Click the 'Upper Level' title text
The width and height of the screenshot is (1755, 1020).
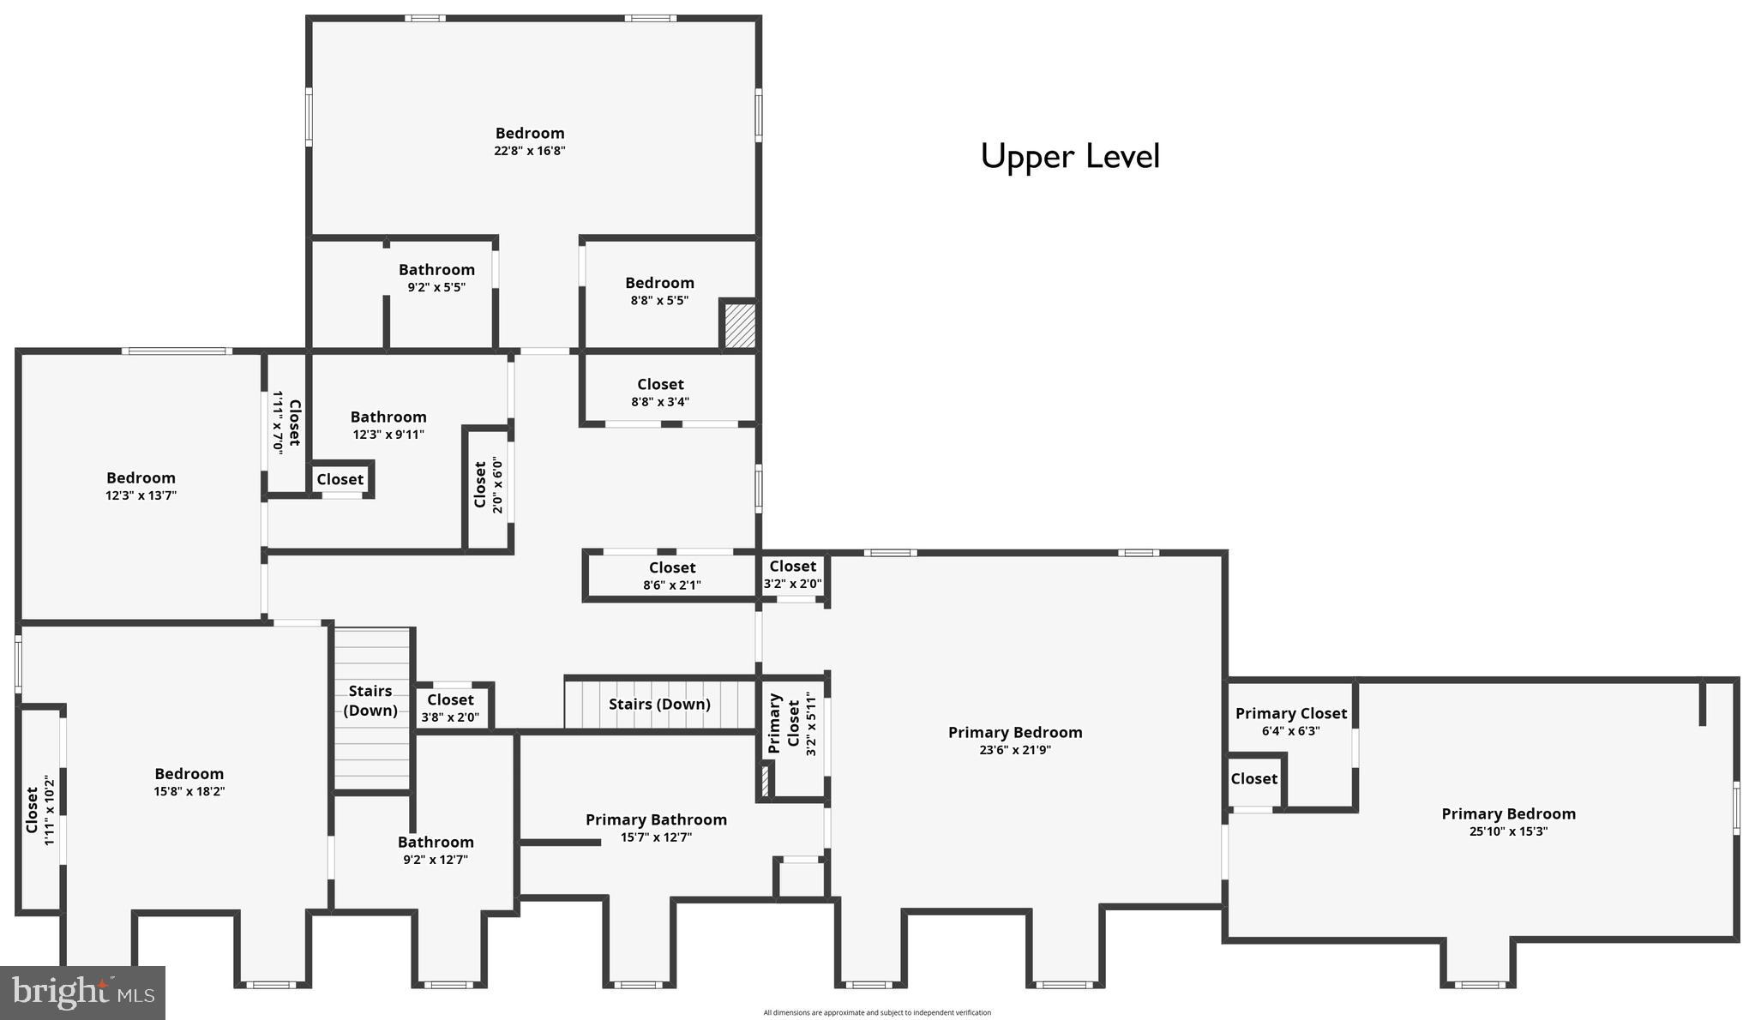click(x=1069, y=157)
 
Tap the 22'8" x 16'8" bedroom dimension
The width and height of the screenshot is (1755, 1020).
click(x=529, y=151)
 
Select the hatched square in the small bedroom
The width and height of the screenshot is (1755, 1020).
click(x=739, y=326)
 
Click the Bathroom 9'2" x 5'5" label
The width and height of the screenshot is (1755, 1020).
click(x=436, y=278)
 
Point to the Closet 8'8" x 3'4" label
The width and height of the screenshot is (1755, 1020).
click(x=660, y=393)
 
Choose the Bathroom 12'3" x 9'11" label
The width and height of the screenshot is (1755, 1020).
click(x=388, y=425)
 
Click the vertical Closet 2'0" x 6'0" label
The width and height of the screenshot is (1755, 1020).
click(x=488, y=485)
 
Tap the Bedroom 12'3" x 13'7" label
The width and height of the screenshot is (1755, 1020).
click(x=141, y=486)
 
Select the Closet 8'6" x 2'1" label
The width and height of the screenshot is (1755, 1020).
click(x=672, y=576)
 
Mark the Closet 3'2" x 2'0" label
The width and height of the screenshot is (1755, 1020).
click(x=792, y=574)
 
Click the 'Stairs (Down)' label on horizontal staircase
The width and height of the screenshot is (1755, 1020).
click(x=659, y=705)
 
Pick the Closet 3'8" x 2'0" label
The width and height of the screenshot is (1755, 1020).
click(x=450, y=708)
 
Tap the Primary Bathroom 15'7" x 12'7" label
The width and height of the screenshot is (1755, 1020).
click(x=656, y=828)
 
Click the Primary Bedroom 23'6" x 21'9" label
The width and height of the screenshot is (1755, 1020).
click(x=1015, y=741)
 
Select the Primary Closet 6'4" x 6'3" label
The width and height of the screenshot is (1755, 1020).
click(x=1290, y=722)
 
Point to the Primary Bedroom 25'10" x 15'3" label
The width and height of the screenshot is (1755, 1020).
click(x=1508, y=822)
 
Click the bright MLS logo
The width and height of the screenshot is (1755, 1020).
click(x=82, y=993)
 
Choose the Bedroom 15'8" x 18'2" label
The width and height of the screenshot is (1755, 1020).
click(x=189, y=782)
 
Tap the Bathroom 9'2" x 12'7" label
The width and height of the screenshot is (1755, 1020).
click(x=436, y=850)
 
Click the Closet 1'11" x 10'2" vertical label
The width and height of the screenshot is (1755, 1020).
click(x=40, y=810)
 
